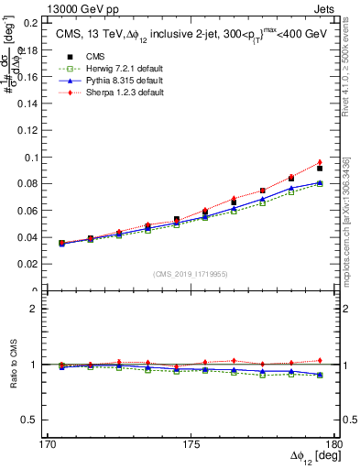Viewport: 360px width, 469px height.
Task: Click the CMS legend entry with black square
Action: click(x=82, y=58)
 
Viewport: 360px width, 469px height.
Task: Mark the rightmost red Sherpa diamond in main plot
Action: click(x=320, y=162)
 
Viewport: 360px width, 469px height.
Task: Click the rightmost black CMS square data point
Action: click(x=320, y=169)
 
